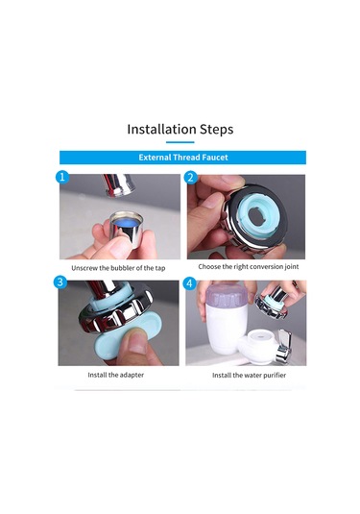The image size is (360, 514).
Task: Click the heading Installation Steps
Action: [x=180, y=129]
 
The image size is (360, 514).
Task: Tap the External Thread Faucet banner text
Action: [x=183, y=158]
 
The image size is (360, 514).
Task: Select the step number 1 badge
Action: [x=62, y=178]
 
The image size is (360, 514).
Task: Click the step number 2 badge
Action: [x=191, y=178]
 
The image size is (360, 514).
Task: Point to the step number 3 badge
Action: [x=60, y=282]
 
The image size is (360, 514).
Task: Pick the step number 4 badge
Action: [x=189, y=283]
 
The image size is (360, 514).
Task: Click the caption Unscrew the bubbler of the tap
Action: [x=118, y=268]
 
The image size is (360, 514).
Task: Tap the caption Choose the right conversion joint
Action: [x=249, y=266]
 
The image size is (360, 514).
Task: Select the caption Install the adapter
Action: [x=115, y=375]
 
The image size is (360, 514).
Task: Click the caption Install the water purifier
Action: [x=249, y=375]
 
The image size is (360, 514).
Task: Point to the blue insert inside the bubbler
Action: [x=127, y=223]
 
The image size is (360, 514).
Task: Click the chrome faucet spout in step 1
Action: [x=118, y=184]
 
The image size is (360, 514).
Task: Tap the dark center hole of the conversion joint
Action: [x=256, y=215]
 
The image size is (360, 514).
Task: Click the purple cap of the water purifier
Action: [x=225, y=294]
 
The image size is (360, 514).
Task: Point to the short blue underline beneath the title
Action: [x=180, y=142]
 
